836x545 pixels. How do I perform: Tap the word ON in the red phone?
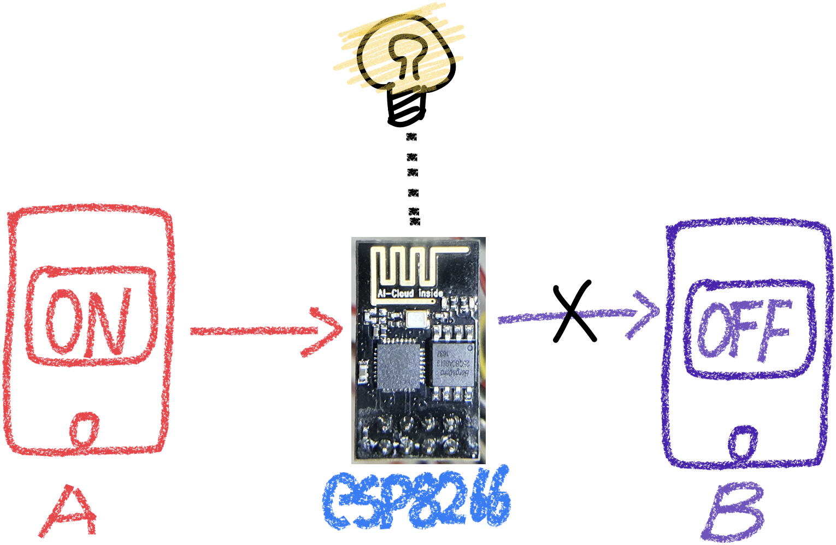(88, 322)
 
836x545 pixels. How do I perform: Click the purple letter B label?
(733, 512)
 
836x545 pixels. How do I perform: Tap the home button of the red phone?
(85, 428)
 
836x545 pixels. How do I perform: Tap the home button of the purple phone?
(744, 441)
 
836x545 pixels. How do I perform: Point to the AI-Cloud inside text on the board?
(410, 294)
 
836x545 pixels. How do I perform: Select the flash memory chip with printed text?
(452, 364)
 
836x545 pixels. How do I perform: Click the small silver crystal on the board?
(417, 318)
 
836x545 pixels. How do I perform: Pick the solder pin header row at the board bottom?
(418, 434)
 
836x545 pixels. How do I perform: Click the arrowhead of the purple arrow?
(645, 314)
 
